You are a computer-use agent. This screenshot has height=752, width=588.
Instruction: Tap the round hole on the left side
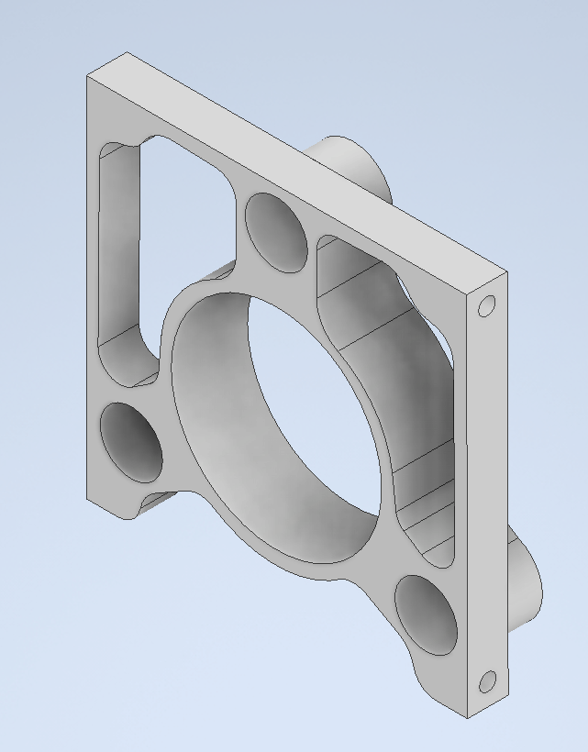130,442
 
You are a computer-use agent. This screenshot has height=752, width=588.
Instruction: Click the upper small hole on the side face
487,305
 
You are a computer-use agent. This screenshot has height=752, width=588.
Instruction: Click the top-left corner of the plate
88,78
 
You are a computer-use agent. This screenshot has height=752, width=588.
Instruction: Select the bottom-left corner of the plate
88,499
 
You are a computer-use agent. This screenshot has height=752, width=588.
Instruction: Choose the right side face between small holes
487,495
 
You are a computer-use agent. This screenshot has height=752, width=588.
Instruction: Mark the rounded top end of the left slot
119,151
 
